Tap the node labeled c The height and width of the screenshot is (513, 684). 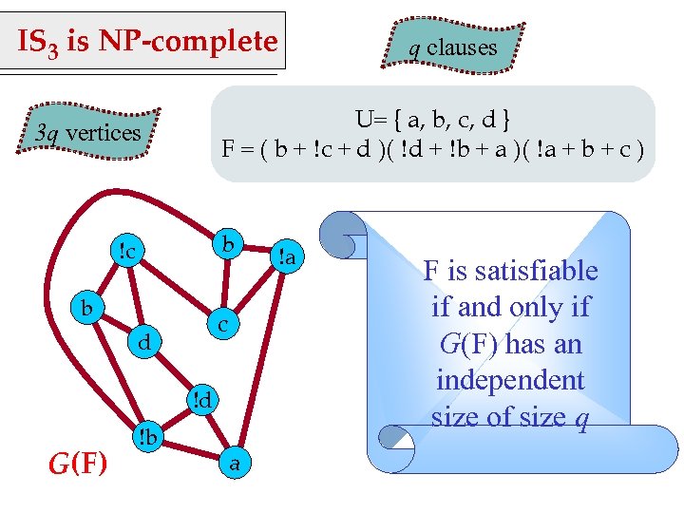coord(221,325)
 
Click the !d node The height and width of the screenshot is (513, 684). coord(201,400)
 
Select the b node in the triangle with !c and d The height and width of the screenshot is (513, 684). coord(86,308)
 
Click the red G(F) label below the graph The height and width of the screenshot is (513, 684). coord(78,464)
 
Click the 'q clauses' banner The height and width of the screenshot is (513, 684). coord(453,47)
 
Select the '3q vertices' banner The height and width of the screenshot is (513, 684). coord(87,133)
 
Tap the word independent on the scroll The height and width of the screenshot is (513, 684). coord(510,380)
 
